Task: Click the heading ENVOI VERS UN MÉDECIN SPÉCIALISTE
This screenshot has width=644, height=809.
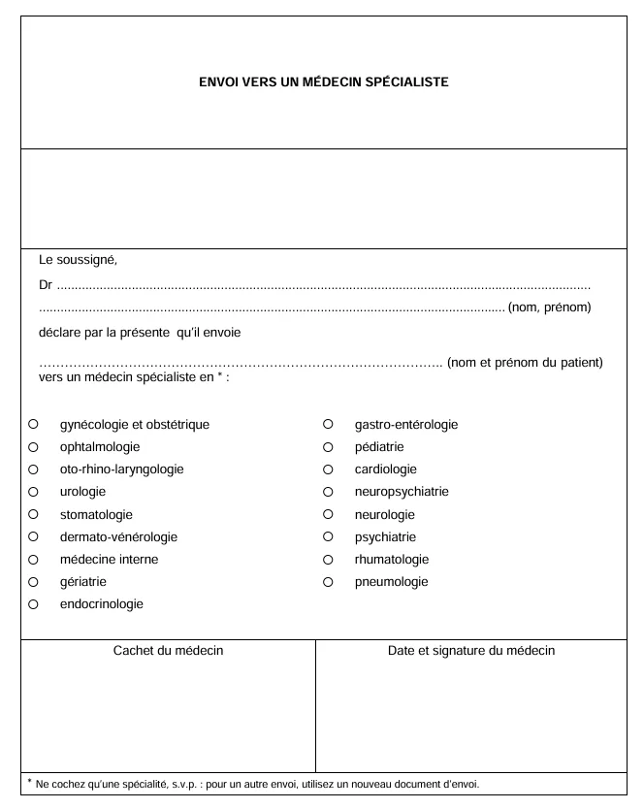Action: pyautogui.click(x=323, y=82)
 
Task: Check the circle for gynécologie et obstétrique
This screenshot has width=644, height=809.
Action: pyautogui.click(x=33, y=424)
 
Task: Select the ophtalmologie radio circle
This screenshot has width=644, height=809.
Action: pyautogui.click(x=33, y=447)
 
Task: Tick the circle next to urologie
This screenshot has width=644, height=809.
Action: pyautogui.click(x=33, y=492)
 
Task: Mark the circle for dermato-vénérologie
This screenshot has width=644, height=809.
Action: pyautogui.click(x=33, y=536)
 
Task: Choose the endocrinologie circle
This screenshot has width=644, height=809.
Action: pyautogui.click(x=33, y=604)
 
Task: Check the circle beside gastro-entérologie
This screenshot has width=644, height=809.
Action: pyautogui.click(x=328, y=424)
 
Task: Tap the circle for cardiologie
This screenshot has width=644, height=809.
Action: pyautogui.click(x=328, y=469)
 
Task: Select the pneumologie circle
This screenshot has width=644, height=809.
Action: pyautogui.click(x=328, y=582)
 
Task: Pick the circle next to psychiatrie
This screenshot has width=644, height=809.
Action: pyautogui.click(x=328, y=536)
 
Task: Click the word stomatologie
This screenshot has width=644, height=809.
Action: pyautogui.click(x=96, y=515)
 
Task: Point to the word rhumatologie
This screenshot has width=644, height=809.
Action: pyautogui.click(x=392, y=560)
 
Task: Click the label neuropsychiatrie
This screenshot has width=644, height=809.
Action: pyautogui.click(x=402, y=492)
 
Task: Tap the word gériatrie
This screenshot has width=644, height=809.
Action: pyautogui.click(x=83, y=582)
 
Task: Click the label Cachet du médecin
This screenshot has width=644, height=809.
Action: pyautogui.click(x=168, y=651)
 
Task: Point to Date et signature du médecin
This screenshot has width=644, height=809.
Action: pyautogui.click(x=471, y=651)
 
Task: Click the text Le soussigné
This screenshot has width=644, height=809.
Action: pyautogui.click(x=78, y=260)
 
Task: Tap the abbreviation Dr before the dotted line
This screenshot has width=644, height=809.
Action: pyautogui.click(x=46, y=286)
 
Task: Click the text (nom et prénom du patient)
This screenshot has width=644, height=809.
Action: pyautogui.click(x=525, y=363)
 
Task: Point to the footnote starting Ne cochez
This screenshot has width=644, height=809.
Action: pyautogui.click(x=257, y=784)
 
